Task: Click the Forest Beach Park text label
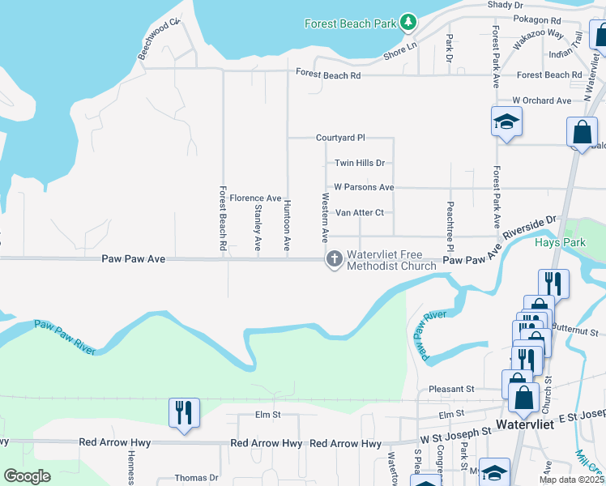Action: (350, 23)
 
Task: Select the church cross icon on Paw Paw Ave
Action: (333, 259)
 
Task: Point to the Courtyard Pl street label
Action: (340, 139)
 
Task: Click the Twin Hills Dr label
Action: (359, 163)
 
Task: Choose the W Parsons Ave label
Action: (364, 187)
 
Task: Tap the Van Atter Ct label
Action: (359, 213)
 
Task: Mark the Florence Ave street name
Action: (255, 198)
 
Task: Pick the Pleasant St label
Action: (451, 389)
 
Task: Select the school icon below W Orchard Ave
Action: (506, 122)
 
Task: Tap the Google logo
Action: (27, 476)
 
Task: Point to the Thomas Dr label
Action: (197, 478)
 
